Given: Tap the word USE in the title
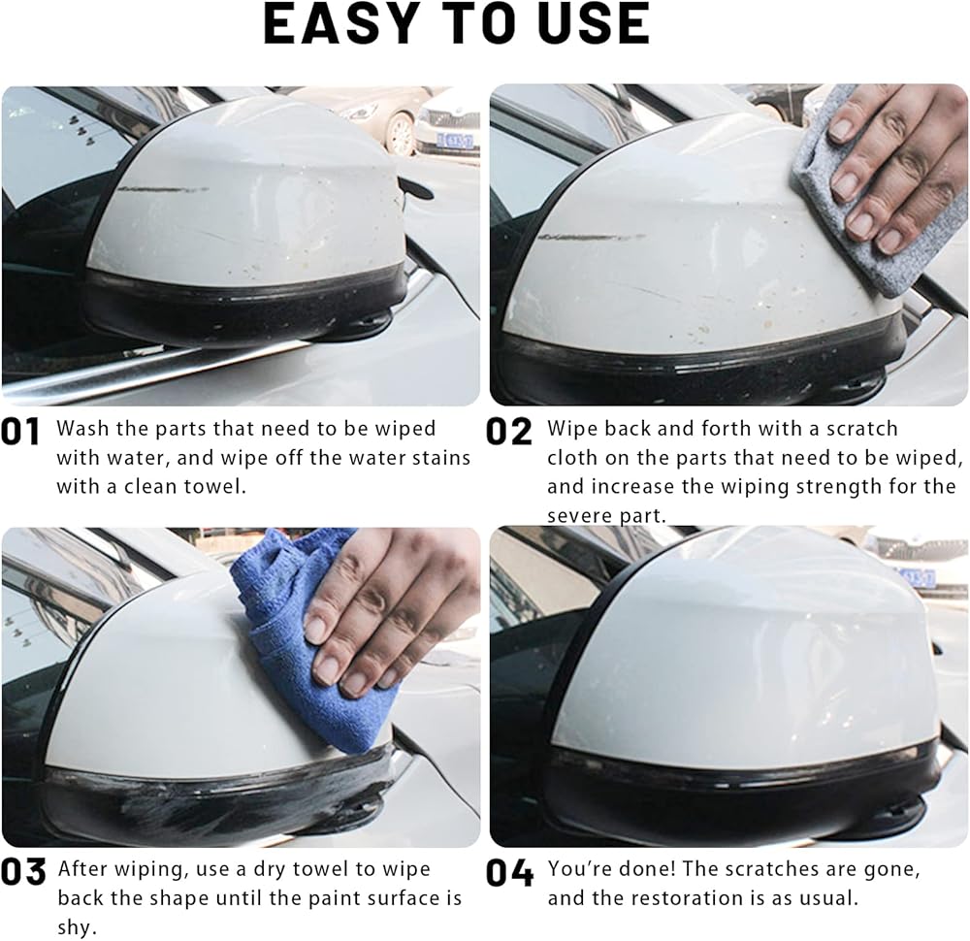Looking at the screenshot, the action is tap(594, 23).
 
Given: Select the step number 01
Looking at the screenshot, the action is tap(20, 432).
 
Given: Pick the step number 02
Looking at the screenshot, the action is tap(508, 432).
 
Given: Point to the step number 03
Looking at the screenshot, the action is tap(23, 872).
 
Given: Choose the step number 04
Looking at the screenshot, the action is tap(510, 872).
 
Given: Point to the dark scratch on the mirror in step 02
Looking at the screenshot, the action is tap(592, 238).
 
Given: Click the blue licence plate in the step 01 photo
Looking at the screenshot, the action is tap(454, 141).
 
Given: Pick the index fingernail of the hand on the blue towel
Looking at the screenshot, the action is tap(315, 631).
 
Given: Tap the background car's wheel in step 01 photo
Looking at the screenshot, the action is tap(401, 133).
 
